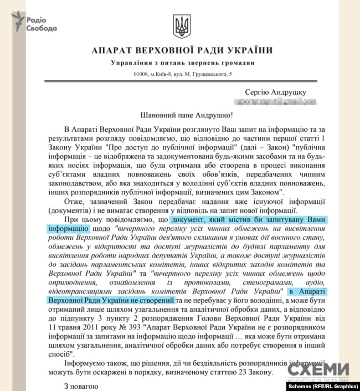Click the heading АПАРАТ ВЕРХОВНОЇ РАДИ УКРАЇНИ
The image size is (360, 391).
tap(180, 51)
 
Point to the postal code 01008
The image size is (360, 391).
tap(143, 74)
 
